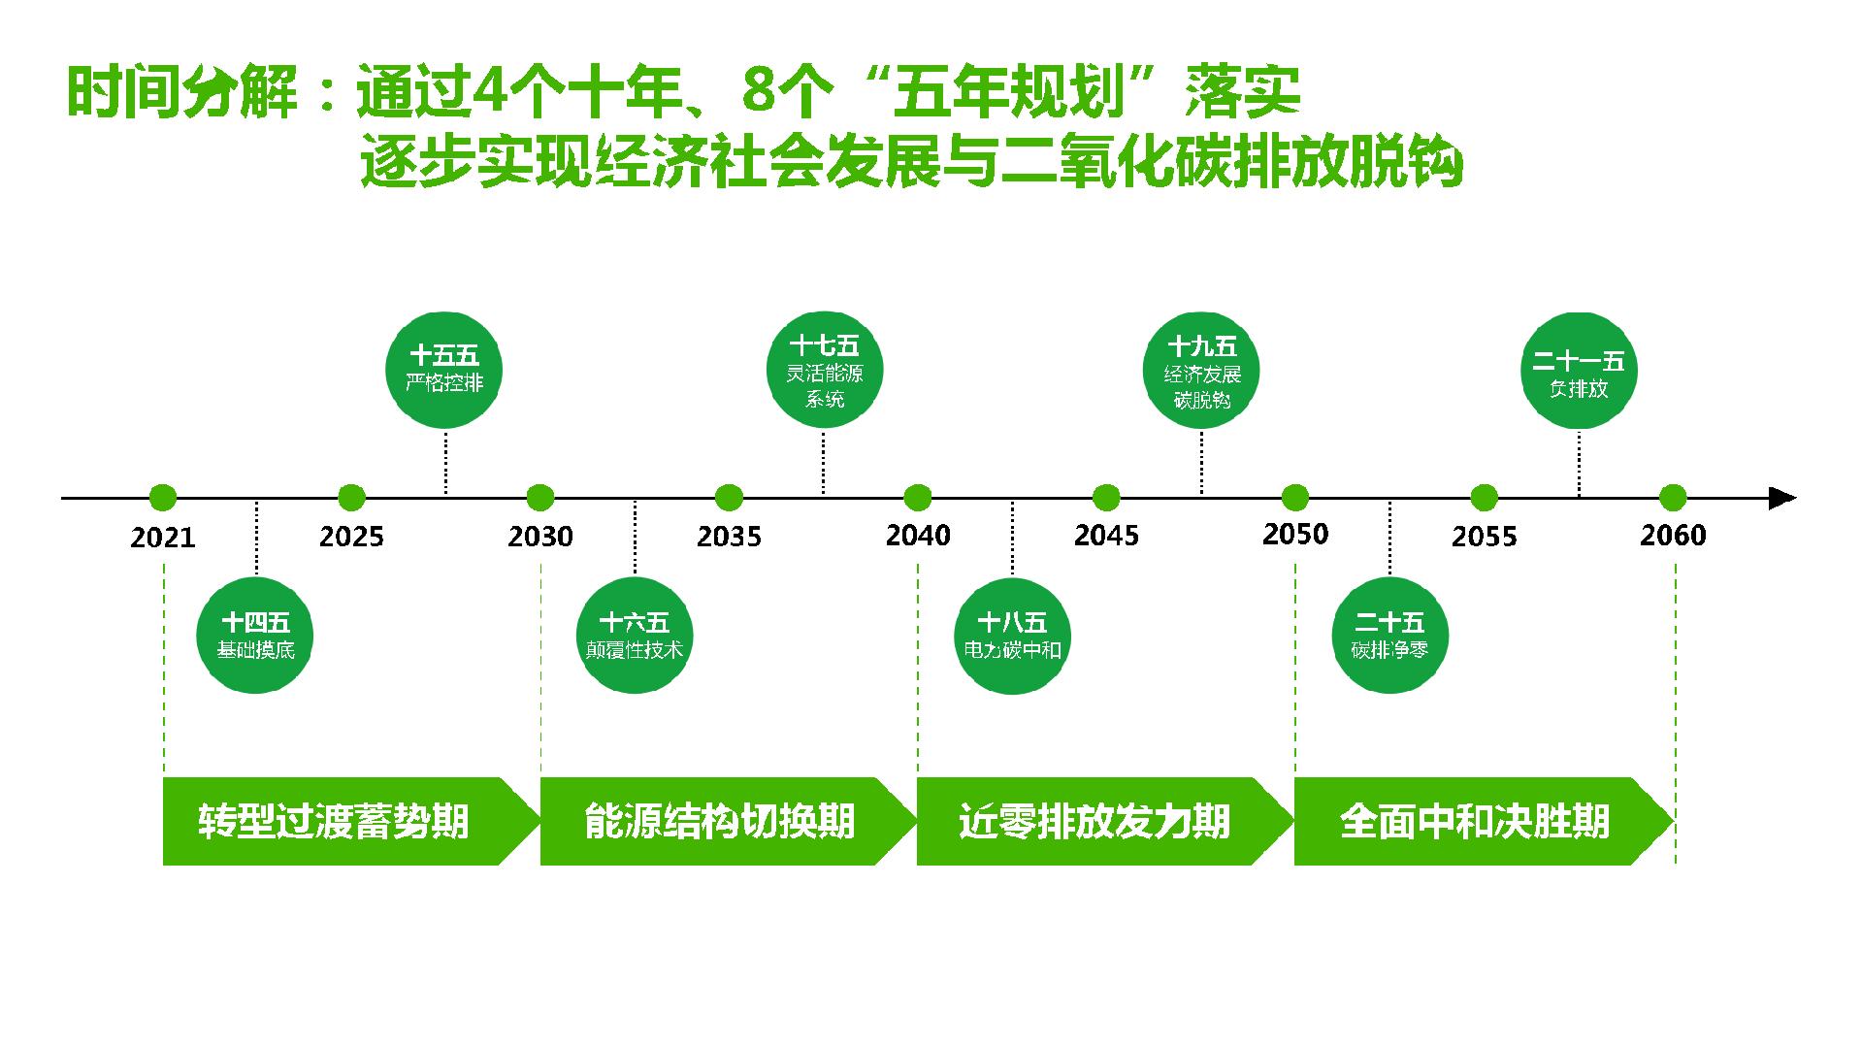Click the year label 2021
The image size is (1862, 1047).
[x=163, y=537]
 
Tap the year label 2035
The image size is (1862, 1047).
[x=729, y=536]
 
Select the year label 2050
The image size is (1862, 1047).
[x=1295, y=534]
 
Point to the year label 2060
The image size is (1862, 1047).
[x=1673, y=535]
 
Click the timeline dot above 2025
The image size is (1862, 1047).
[x=351, y=498]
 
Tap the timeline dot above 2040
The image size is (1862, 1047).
[x=917, y=498]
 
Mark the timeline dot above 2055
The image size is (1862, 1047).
[x=1484, y=498]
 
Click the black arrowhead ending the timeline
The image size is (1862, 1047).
[x=1782, y=498]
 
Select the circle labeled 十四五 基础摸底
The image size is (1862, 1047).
[x=256, y=636]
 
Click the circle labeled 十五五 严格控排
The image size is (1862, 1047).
[x=444, y=370]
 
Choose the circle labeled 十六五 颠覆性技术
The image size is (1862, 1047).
[x=635, y=636]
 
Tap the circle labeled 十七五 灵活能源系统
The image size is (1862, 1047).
[x=824, y=370]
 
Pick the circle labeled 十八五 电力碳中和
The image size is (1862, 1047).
[x=1012, y=636]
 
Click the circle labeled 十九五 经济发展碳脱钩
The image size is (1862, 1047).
[x=1201, y=370]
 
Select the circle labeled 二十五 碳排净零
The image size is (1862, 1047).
[x=1389, y=636]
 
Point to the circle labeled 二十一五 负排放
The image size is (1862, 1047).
[x=1579, y=370]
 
